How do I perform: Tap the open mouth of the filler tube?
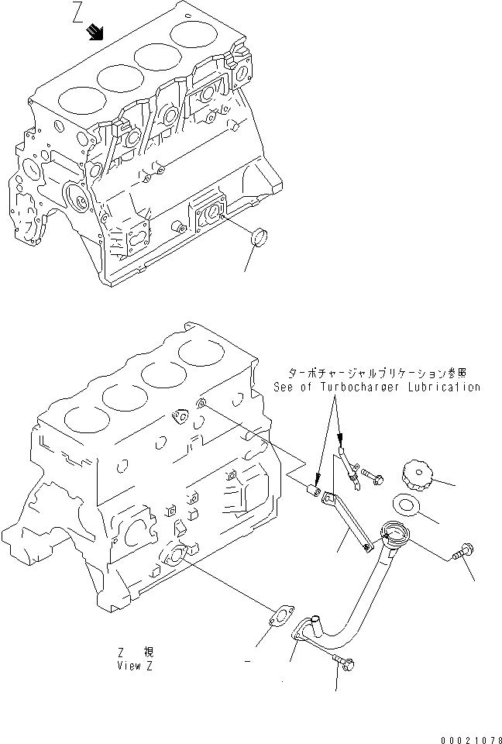[x=394, y=532]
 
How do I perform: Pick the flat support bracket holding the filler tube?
[x=346, y=523]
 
